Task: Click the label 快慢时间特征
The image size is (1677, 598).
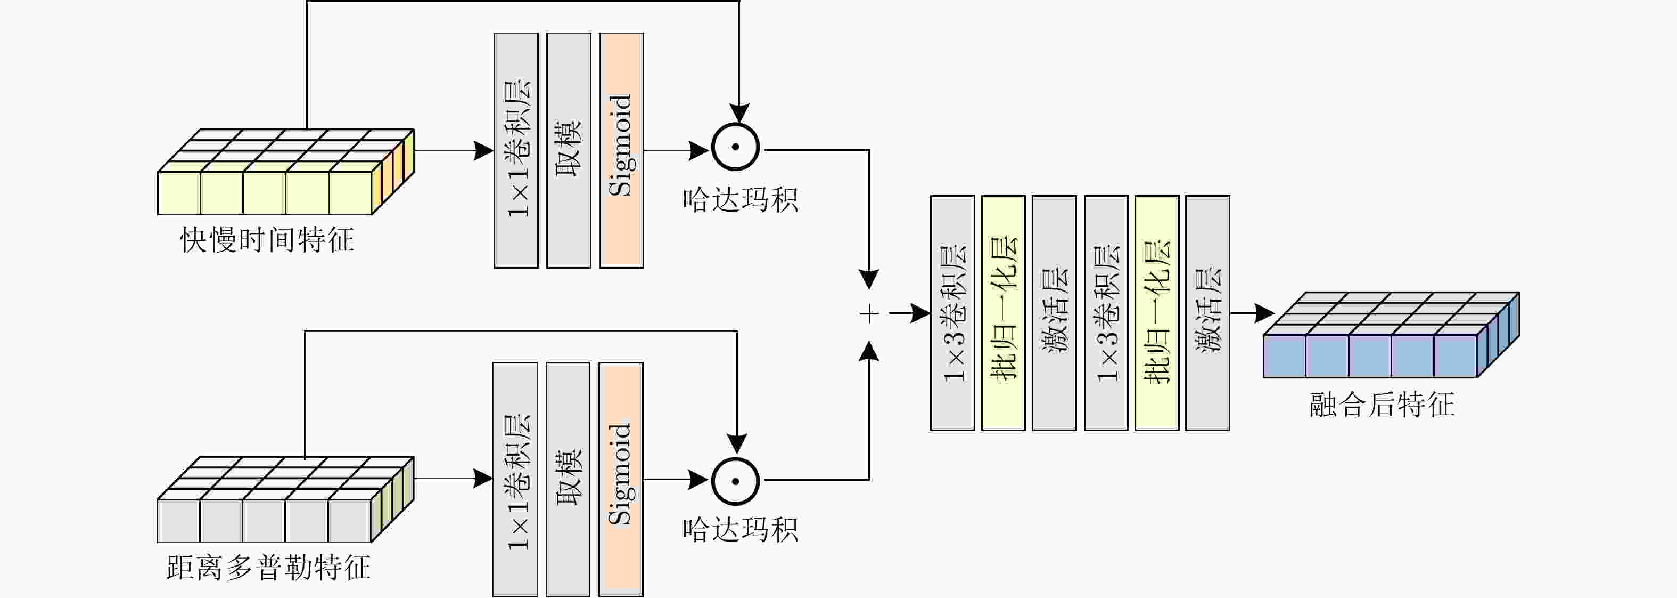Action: click(267, 240)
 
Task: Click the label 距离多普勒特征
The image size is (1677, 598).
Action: click(268, 568)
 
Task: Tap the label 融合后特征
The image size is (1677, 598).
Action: click(1382, 404)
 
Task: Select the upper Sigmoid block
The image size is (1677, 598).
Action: click(621, 150)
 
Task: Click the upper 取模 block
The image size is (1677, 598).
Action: click(569, 150)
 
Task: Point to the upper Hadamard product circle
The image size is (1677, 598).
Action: click(736, 147)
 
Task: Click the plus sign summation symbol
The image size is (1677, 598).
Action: click(869, 314)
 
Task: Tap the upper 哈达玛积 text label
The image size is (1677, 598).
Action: click(740, 200)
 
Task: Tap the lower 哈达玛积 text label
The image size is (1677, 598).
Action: click(740, 530)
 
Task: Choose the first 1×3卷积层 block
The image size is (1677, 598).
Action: click(952, 313)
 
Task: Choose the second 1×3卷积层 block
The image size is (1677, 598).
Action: click(1106, 313)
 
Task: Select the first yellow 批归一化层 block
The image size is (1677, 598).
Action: click(1003, 313)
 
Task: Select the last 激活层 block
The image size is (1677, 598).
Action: click(1207, 313)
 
